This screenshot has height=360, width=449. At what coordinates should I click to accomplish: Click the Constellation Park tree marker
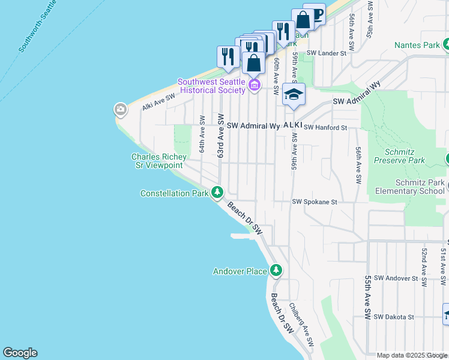coord(217,193)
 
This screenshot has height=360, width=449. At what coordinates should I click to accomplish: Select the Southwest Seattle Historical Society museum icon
coord(254,86)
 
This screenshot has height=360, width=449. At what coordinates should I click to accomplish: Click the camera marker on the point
coord(121,109)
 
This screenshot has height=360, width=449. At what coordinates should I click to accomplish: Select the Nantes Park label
coord(417,45)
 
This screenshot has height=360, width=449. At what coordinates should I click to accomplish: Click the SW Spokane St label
coord(315,203)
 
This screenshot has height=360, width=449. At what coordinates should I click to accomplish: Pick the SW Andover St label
coord(396,278)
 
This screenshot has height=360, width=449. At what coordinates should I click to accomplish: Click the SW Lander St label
coord(327,53)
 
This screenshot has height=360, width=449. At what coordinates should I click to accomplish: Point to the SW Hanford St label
coord(325,128)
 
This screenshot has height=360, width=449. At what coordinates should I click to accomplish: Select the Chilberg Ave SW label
coord(301,325)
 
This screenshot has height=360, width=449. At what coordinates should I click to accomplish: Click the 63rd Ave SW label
coord(220,136)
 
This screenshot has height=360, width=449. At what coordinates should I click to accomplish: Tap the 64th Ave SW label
coord(203,134)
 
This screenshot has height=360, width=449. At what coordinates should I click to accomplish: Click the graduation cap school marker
coord(294,94)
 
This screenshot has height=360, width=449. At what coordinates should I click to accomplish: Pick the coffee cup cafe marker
coord(315,13)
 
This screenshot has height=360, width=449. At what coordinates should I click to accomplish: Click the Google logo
coord(20,353)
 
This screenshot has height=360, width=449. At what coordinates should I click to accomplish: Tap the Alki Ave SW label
coord(158,101)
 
